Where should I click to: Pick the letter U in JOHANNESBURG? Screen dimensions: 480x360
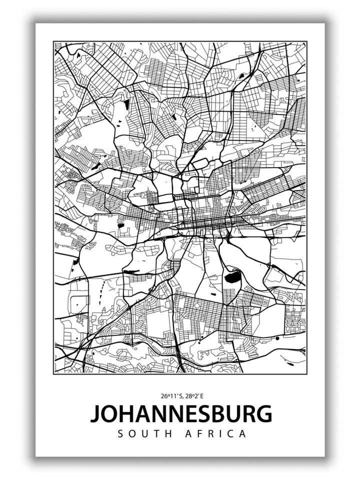tap(235, 413)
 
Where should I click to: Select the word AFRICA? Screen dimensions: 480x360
tap(216, 433)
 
